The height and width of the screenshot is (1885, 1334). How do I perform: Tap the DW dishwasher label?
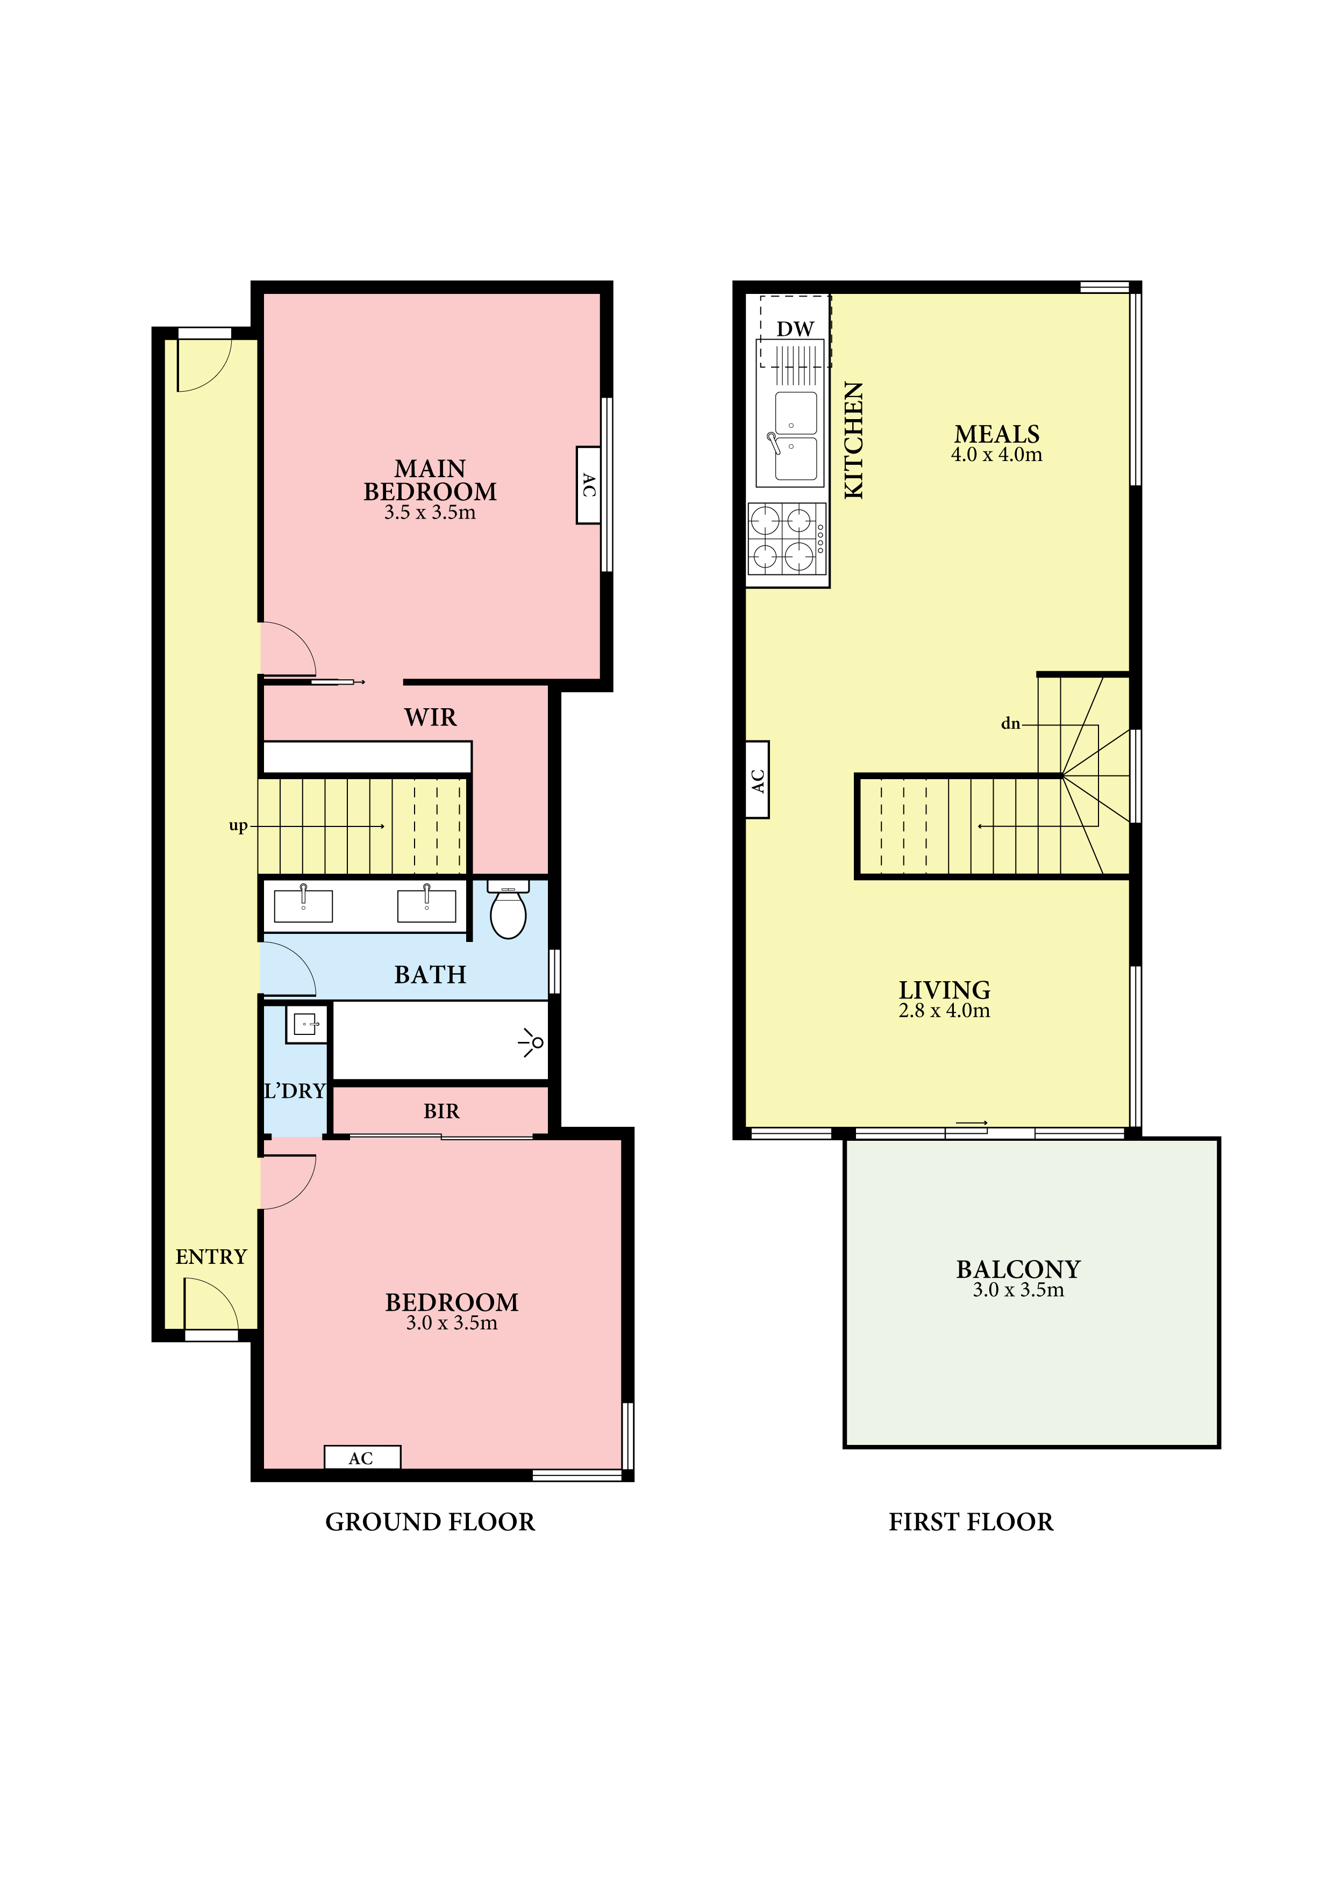[795, 329]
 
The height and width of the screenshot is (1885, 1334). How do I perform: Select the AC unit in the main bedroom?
[588, 485]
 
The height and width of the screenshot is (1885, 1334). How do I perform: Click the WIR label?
[431, 717]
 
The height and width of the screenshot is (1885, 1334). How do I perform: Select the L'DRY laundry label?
[295, 1091]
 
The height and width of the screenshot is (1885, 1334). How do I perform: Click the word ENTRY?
[211, 1257]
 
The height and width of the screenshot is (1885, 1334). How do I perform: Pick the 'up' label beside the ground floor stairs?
[238, 826]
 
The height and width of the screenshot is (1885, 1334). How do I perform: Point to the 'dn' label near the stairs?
[1010, 723]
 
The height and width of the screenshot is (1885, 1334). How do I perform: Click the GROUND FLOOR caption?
[431, 1523]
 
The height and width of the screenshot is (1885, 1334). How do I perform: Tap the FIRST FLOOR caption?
[971, 1523]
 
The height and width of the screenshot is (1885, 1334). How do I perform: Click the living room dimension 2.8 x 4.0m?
[945, 1011]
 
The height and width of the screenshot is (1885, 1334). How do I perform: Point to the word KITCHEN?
[854, 440]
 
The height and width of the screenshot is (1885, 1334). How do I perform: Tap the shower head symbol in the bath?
[532, 1042]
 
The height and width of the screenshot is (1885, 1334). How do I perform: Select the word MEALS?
[997, 434]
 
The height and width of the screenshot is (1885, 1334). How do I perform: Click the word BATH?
[431, 975]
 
